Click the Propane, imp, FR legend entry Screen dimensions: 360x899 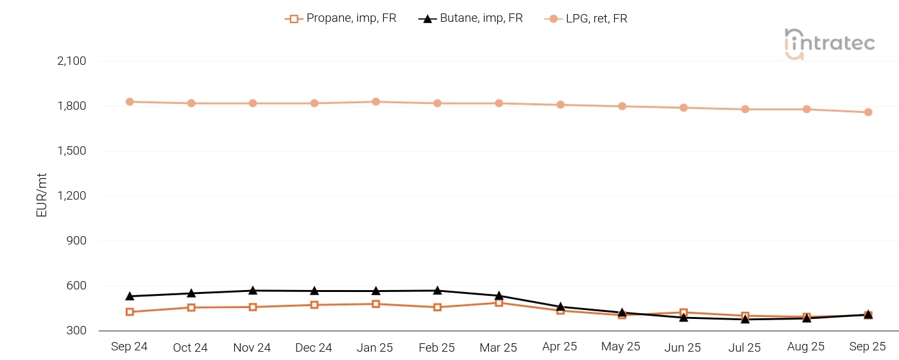click(x=341, y=19)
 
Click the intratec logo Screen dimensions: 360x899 click(x=829, y=44)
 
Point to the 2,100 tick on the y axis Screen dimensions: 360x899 click(x=71, y=61)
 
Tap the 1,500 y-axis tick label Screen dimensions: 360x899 click(x=71, y=151)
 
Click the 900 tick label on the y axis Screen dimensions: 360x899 click(x=76, y=241)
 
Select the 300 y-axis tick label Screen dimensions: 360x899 click(x=76, y=330)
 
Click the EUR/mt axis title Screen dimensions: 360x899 click(x=42, y=195)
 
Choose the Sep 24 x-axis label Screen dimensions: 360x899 click(x=129, y=347)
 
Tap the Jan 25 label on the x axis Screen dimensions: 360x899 click(x=375, y=347)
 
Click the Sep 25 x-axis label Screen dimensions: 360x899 click(x=867, y=347)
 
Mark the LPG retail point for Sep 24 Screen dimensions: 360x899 click(x=130, y=101)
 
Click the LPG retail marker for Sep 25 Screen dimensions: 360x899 click(x=868, y=112)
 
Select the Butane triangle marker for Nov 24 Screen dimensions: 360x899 click(x=253, y=291)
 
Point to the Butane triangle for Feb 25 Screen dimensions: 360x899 click(x=438, y=291)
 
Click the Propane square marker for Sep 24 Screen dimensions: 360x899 click(x=130, y=312)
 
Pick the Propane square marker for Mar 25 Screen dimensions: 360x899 click(x=499, y=302)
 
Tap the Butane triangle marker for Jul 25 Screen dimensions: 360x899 click(x=745, y=318)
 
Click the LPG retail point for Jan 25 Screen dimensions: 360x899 click(x=376, y=101)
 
